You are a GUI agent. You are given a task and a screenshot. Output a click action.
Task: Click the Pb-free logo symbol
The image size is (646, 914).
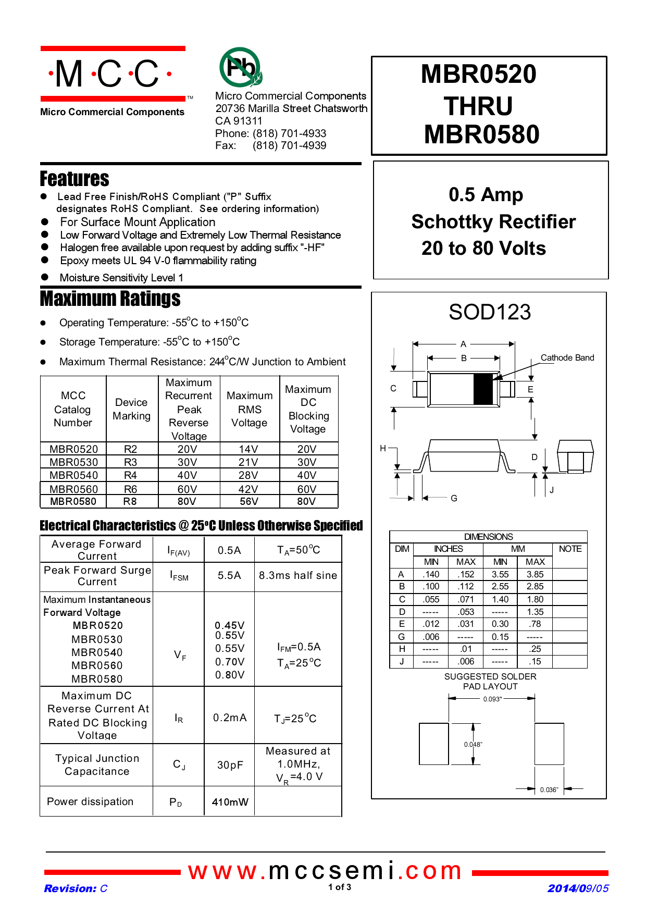pos(240,67)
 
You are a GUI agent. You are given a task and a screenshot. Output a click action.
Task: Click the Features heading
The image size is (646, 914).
pos(74,179)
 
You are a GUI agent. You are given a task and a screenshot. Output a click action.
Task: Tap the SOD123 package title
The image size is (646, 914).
pos(490,312)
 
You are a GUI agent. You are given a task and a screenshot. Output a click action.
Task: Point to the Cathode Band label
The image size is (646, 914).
pos(567,357)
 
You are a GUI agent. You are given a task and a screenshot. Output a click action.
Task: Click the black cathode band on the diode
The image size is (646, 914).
pos(483,389)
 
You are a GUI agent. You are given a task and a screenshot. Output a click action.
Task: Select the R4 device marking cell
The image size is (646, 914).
pos(130,475)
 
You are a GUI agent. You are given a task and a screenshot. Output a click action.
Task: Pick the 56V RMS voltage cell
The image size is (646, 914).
pos(249,501)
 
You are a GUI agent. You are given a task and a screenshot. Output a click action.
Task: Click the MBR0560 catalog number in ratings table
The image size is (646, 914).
pos(73,489)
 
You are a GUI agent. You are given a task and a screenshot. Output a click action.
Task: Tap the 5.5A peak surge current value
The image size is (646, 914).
pos(229,575)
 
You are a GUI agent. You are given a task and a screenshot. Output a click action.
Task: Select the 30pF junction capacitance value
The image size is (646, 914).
pos(230,765)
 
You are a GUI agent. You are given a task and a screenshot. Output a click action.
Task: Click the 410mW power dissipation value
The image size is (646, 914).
pos(230,802)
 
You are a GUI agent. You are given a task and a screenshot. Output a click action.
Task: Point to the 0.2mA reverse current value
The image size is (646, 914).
pos(230,718)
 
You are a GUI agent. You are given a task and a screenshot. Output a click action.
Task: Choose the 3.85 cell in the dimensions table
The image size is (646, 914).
pos(535,574)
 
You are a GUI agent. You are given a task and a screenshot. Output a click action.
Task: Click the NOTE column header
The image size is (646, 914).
pos(570,549)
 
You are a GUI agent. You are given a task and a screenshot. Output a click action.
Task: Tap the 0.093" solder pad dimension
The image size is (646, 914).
pos(492,699)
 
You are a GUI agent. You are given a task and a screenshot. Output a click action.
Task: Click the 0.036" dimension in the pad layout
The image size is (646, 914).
pos(549,790)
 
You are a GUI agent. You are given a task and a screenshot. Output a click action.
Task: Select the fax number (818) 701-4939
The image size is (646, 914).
pos(289,145)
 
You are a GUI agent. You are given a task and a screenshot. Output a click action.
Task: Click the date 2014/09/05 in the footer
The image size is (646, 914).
pos(578,888)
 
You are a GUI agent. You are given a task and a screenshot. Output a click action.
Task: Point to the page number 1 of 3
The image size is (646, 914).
pos(340,887)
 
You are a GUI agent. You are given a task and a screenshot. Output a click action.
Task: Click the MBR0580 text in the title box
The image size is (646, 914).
pos(481,134)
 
